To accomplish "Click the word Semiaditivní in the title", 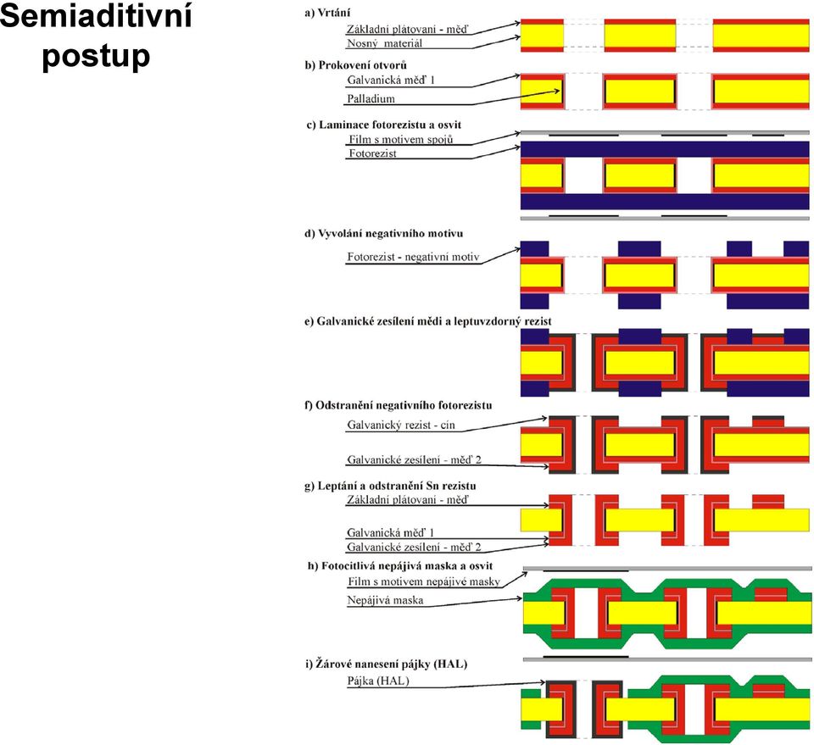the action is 96,15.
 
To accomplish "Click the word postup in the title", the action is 96,56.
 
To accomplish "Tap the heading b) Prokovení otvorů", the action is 356,65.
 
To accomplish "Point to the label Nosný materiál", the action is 385,43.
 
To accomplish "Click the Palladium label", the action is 371,98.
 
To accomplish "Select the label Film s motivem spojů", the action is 401,139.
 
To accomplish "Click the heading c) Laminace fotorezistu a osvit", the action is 384,125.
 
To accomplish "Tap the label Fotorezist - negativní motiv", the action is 413,257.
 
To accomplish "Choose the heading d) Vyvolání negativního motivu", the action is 383,233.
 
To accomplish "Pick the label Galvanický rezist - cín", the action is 401,425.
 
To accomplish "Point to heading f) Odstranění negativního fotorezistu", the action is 399,405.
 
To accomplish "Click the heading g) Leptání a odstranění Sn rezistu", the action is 390,486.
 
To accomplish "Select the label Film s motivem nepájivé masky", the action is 424,581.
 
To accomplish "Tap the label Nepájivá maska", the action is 385,600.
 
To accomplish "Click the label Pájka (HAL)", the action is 378,681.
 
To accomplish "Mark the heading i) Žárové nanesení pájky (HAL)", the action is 387,664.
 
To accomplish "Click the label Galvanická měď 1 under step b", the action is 391,81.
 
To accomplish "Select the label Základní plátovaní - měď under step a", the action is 407,30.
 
